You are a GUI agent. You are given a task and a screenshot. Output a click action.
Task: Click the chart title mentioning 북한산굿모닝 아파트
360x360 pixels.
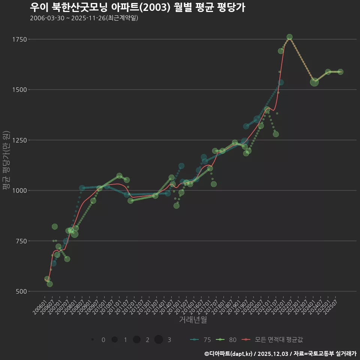coord(137,7)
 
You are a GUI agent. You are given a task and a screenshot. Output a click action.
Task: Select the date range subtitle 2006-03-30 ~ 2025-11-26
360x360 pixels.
coord(84,18)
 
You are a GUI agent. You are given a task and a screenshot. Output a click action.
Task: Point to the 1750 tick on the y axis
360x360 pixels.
coord(19,39)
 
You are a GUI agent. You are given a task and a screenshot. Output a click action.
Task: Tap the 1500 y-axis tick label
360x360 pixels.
coord(19,90)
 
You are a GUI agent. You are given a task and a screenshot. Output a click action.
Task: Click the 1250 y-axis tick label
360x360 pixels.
coord(19,140)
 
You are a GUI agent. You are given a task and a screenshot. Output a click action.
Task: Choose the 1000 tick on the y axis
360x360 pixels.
coord(19,190)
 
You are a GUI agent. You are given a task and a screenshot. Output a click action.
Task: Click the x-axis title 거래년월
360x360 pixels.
coord(193,320)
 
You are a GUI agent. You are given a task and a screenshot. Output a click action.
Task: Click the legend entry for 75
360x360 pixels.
coord(201,340)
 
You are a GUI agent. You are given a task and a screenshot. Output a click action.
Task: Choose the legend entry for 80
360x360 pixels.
coord(226,340)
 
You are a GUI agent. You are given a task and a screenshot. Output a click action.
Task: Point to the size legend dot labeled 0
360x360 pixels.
coord(92,340)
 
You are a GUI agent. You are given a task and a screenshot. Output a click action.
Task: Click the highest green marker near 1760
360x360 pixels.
coord(289,37)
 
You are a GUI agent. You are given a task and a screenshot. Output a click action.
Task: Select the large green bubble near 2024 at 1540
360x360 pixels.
coord(315,82)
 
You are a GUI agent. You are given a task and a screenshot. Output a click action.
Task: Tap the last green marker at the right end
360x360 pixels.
coord(340,72)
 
